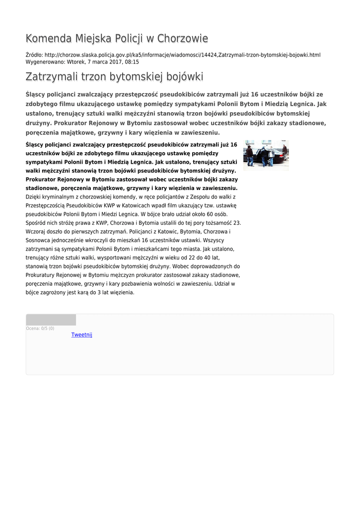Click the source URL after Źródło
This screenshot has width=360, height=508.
coord(182,55)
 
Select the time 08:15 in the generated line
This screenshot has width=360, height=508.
coord(132,62)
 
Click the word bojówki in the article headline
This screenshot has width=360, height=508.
coord(181,77)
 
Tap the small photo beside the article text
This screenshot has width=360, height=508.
coord(266,155)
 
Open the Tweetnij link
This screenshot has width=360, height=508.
coord(82,335)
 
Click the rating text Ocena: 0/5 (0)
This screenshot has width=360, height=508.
coord(40,328)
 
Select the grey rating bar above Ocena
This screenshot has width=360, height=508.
coord(51,319)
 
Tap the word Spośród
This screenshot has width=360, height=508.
coord(36,223)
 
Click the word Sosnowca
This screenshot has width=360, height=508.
coord(38,241)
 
